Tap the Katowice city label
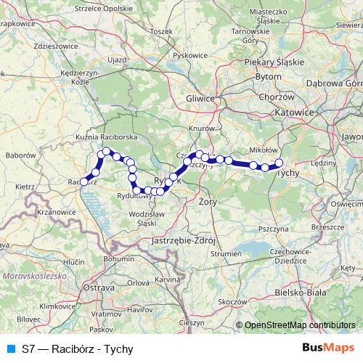pyautogui.click(x=294, y=113)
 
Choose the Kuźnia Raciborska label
pyautogui.click(x=107, y=136)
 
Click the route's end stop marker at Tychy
pyautogui.click(x=278, y=163)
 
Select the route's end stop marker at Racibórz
pyautogui.click(x=84, y=181)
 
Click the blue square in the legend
pyautogui.click(x=9, y=348)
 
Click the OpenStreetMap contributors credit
pyautogui.click(x=300, y=325)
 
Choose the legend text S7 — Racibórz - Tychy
pyautogui.click(x=73, y=348)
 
